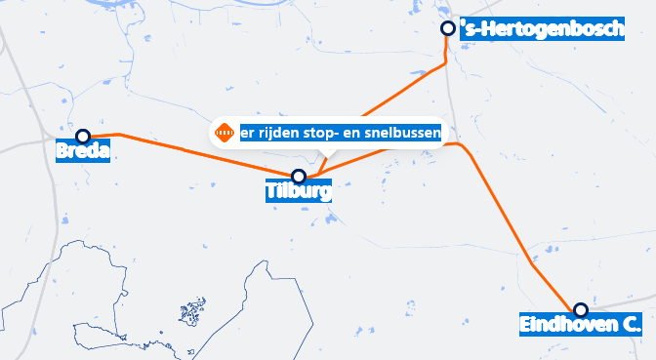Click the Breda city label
coord(83,152)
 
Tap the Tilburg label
coord(299,192)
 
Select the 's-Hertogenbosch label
coord(542,31)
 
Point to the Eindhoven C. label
coord(580,325)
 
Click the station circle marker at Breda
coord(83,137)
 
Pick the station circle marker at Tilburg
coord(299,177)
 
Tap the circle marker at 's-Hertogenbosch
coord(447,28)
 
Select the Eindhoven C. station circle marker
coord(580,310)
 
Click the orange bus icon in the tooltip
coord(224,132)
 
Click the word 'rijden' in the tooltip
coord(277,132)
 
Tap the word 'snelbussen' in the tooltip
coord(403,132)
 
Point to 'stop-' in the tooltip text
coord(323,132)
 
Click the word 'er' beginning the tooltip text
coord(247,132)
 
